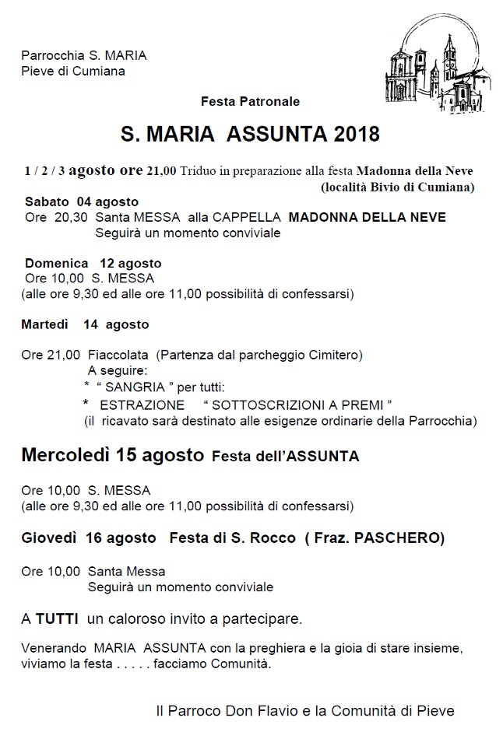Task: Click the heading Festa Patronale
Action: point(250,102)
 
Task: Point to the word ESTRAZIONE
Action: point(142,405)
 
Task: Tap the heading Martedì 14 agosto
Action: point(85,324)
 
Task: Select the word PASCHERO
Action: point(401,538)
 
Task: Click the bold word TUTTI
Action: point(57,619)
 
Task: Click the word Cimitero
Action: point(336,355)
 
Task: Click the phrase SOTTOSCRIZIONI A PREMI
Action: point(297,405)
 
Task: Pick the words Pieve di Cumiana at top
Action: point(73,72)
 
